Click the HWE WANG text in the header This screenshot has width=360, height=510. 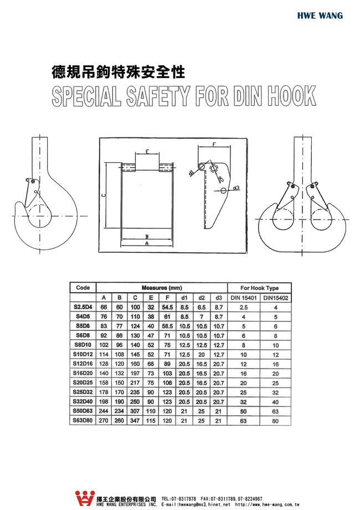click(x=320, y=16)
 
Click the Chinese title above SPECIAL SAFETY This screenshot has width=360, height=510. click(x=117, y=72)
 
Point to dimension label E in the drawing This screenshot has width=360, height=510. click(x=147, y=151)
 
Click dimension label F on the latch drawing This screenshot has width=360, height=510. click(x=214, y=145)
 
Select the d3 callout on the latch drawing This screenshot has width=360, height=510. click(x=236, y=187)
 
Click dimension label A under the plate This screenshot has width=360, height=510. click(x=146, y=243)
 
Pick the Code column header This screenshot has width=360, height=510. click(x=83, y=288)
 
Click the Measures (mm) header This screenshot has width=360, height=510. click(x=162, y=288)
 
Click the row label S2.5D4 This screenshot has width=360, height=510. click(x=83, y=307)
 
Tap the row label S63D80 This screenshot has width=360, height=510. click(x=83, y=421)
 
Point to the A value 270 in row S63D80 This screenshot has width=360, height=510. click(x=103, y=421)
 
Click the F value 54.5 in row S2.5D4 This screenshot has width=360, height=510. click(x=167, y=307)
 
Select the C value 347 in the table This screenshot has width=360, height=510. click(x=135, y=421)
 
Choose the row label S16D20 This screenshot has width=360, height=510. click(x=83, y=374)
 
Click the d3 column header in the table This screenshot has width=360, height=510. click(x=218, y=298)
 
